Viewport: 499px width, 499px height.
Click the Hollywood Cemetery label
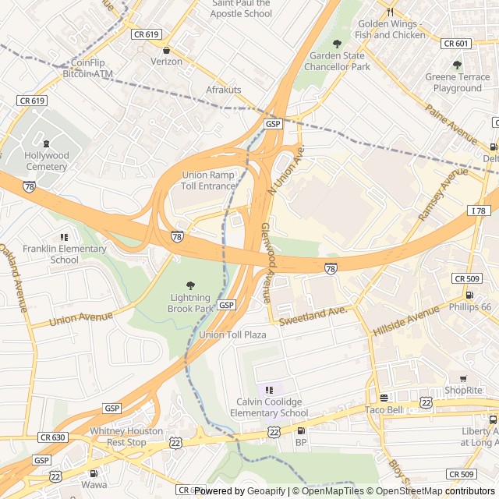pyautogui.click(x=47, y=161)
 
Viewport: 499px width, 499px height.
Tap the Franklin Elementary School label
pyautogui.click(x=64, y=254)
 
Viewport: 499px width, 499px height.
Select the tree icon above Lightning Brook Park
pyautogui.click(x=190, y=285)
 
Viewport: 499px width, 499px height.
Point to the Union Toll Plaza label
pyautogui.click(x=232, y=334)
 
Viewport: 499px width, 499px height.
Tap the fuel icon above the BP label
pyautogui.click(x=301, y=430)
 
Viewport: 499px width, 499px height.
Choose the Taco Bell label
pyautogui.click(x=384, y=410)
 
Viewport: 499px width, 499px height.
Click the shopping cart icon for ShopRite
pyautogui.click(x=463, y=378)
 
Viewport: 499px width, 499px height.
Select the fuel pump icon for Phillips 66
pyautogui.click(x=469, y=295)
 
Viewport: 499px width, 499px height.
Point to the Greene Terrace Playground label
pyautogui.click(x=458, y=83)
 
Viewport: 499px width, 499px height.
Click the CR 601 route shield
pyautogui.click(x=456, y=44)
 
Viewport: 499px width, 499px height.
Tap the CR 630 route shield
pyautogui.click(x=53, y=437)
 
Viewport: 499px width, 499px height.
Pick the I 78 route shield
pyautogui.click(x=478, y=211)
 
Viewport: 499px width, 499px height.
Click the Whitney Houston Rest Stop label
pyautogui.click(x=126, y=437)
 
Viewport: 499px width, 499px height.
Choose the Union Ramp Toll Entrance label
pyautogui.click(x=209, y=181)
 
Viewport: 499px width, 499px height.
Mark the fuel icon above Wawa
pyautogui.click(x=94, y=472)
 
